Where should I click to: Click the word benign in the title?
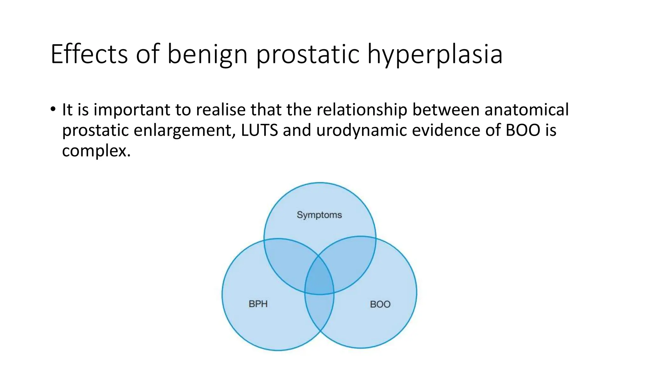(207, 55)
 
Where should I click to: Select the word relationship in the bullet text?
(362, 110)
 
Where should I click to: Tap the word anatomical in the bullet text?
(526, 110)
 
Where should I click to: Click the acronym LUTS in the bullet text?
(259, 130)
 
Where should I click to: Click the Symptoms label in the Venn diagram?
(319, 215)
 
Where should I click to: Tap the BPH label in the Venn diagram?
(258, 304)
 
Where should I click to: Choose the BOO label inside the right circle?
(380, 304)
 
